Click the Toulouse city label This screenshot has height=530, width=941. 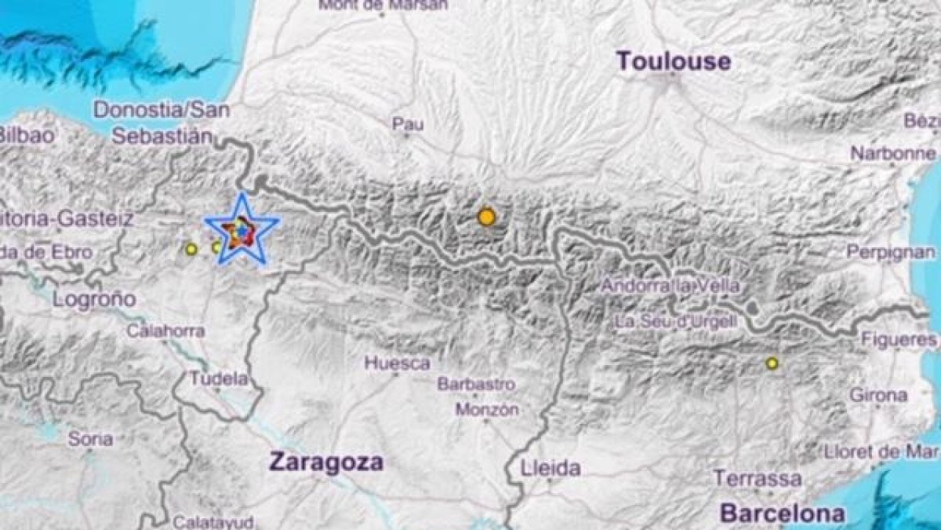(x=674, y=61)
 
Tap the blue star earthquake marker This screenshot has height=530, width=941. (x=242, y=229)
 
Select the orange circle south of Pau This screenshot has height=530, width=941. (x=487, y=217)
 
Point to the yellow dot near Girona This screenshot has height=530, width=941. (x=772, y=363)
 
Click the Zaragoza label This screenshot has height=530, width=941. (x=326, y=462)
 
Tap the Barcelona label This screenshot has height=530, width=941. (x=783, y=514)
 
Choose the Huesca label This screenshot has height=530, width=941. (x=398, y=364)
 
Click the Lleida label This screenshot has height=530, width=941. (x=550, y=469)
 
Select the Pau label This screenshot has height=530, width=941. (x=408, y=124)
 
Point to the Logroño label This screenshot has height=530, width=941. (x=94, y=299)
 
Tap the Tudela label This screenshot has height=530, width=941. (x=220, y=378)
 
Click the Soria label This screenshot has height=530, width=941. (x=90, y=439)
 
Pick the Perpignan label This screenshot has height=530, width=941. (x=891, y=252)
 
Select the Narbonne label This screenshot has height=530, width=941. (x=894, y=154)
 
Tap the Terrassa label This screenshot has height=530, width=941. (x=758, y=478)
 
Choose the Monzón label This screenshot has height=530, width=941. (x=486, y=410)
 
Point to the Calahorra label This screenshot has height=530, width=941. (x=166, y=331)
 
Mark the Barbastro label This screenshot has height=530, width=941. (x=476, y=385)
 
